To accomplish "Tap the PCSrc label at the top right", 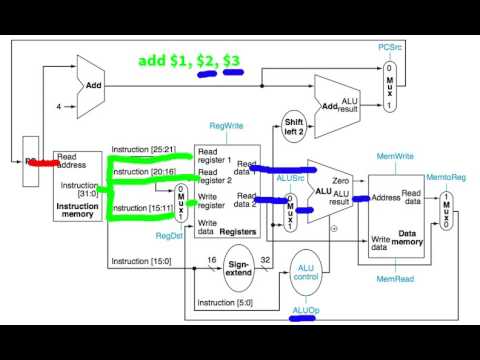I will point(390,47).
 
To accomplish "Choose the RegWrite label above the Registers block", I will point(225,127).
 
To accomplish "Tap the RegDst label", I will point(167,236).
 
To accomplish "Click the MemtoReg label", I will point(445,176).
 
